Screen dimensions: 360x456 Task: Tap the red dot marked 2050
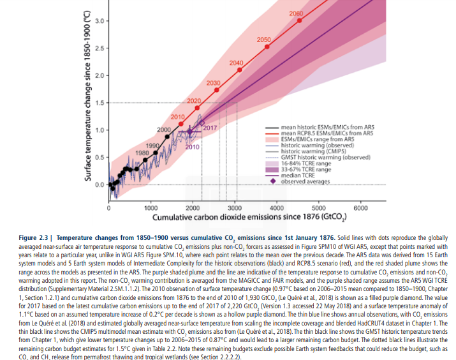[x=267, y=47]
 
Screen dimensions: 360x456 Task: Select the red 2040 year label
[x=237, y=63]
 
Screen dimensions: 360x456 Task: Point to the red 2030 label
[x=213, y=83]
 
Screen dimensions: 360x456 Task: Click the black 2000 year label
[x=164, y=130]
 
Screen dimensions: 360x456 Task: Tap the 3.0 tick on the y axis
[x=99, y=22]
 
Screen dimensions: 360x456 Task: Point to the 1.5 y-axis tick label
[x=99, y=103]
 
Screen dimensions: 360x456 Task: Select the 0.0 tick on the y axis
[x=99, y=185]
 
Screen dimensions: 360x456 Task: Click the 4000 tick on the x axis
[x=277, y=208]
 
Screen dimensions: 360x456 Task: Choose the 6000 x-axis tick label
[x=360, y=208]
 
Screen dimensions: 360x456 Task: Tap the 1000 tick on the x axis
[x=151, y=208]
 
